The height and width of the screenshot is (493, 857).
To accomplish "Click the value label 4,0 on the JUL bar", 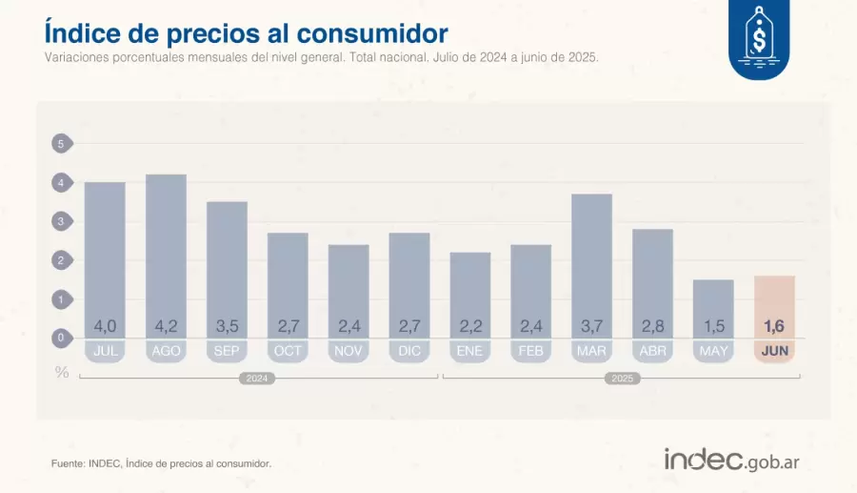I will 105,327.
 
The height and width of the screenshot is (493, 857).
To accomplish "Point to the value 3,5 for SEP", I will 227,327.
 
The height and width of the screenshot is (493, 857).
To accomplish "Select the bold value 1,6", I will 774,327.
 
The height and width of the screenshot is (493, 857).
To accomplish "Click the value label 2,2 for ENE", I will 469,327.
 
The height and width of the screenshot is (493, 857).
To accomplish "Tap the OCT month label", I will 288,351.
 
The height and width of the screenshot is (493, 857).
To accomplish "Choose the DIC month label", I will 409,351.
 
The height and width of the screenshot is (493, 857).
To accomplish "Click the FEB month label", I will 530,351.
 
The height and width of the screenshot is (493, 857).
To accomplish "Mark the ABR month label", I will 652,351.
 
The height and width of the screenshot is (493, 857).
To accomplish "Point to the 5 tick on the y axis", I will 61,144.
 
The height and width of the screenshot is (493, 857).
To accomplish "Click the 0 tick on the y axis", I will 61,338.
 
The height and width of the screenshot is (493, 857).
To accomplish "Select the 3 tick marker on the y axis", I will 61,221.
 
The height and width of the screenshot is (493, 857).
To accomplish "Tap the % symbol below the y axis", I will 62,372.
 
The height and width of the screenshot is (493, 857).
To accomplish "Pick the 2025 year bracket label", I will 621,379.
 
